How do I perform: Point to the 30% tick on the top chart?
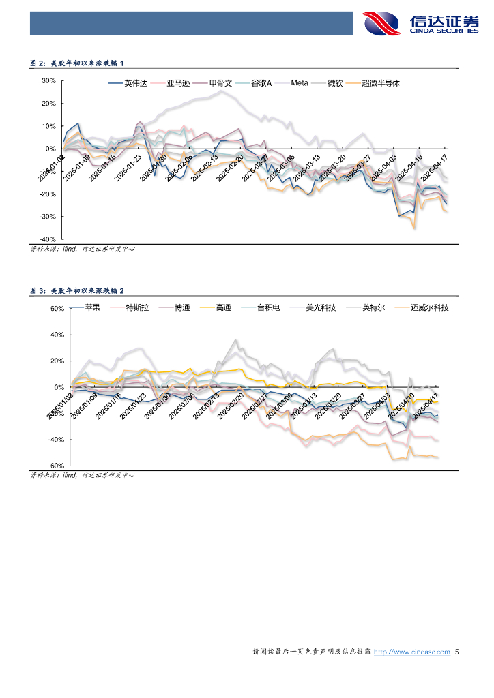pos(48,80)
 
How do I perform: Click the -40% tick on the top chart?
pos(47,239)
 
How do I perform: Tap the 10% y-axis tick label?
pos(48,126)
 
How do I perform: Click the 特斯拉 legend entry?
pos(136,308)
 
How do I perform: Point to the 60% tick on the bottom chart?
pos(57,309)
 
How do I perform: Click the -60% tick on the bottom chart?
pos(55,466)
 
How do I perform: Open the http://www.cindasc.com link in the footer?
pos(413,652)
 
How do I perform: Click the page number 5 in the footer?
pos(457,652)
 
